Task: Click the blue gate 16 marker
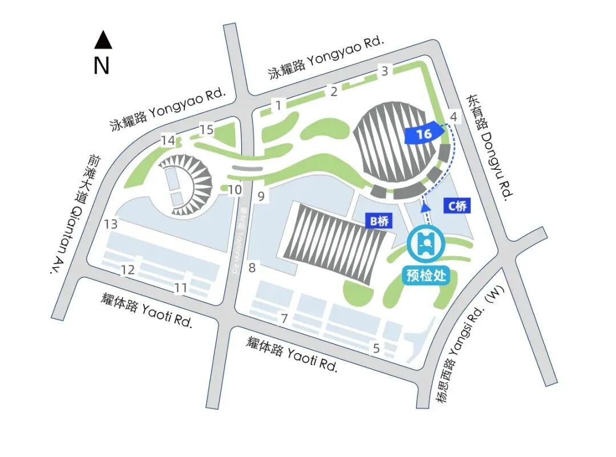click(424, 134)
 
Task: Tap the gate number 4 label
click(454, 117)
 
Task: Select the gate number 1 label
click(278, 105)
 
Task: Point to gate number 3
click(385, 71)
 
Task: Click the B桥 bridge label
click(378, 221)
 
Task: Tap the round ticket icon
click(424, 245)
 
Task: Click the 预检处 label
click(425, 276)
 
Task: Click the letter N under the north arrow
click(102, 66)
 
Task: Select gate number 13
click(111, 224)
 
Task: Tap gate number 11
click(181, 288)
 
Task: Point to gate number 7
click(283, 319)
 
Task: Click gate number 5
click(376, 347)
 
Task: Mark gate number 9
click(261, 197)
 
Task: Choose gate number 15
click(206, 130)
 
